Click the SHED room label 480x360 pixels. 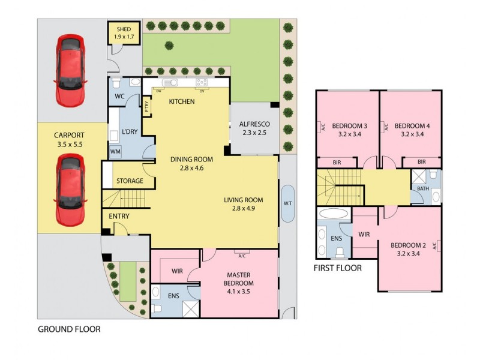[124, 32]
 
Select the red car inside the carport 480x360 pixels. [70, 189]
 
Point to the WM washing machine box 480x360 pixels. [115, 152]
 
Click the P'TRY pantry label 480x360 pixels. [147, 108]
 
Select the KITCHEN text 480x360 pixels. [181, 102]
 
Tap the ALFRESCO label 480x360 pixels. [254, 128]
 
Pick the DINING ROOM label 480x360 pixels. [192, 163]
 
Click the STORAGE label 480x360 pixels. [130, 181]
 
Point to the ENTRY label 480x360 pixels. [119, 216]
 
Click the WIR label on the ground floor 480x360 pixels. [176, 271]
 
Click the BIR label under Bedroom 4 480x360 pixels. [421, 162]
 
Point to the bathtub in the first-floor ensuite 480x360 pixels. [334, 214]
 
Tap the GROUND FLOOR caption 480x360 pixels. [68, 329]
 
